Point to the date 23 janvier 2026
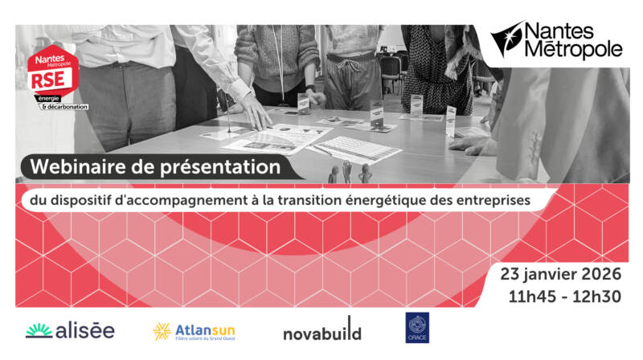click(x=561, y=274)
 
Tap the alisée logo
click(x=70, y=330)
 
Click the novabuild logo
click(x=321, y=332)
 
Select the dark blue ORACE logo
click(x=417, y=328)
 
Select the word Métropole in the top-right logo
click(x=573, y=50)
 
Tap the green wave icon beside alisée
click(x=39, y=330)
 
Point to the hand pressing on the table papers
click(x=256, y=121)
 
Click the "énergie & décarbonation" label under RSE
click(x=65, y=102)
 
